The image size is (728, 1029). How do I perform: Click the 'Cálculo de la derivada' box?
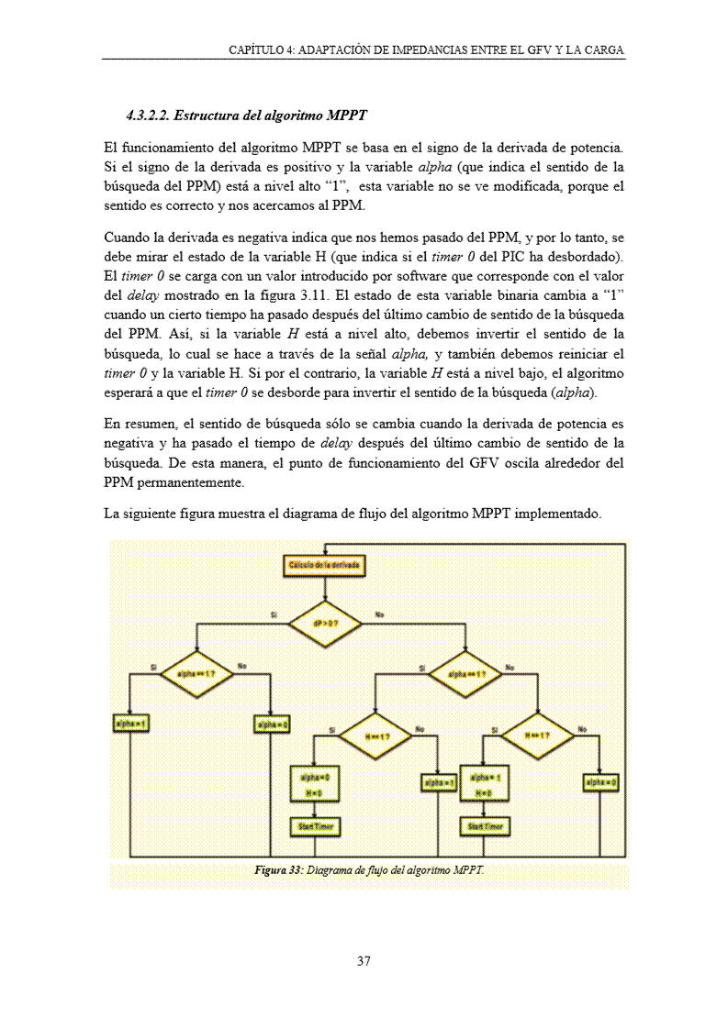point(325,566)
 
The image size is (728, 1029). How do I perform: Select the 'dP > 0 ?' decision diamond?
point(325,623)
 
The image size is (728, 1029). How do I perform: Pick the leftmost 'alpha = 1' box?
point(130,724)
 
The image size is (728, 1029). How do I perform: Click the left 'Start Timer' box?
point(314,826)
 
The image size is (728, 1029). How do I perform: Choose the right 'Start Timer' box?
point(484,826)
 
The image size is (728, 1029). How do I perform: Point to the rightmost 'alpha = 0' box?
point(600,781)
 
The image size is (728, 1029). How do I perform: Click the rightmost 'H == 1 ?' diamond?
point(536,736)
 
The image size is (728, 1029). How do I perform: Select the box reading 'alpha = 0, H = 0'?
point(314,783)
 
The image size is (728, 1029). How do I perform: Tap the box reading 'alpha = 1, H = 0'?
point(484,783)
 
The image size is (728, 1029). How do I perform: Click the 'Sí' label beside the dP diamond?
point(274,614)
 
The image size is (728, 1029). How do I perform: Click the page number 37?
point(364,961)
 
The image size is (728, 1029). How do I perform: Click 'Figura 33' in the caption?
point(277,869)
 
